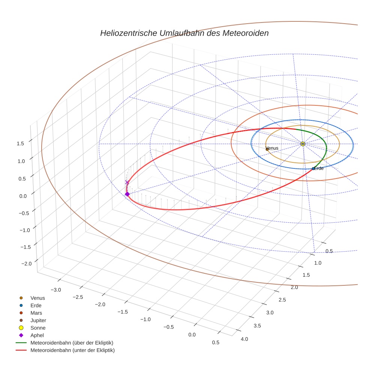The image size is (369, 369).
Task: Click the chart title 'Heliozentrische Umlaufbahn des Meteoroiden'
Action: [184, 33]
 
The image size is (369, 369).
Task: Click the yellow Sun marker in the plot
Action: [303, 144]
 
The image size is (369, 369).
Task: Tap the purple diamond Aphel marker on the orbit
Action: [127, 194]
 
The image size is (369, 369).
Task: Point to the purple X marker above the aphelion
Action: [127, 182]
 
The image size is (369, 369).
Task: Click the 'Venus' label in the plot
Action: [272, 148]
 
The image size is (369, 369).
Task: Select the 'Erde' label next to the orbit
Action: [318, 168]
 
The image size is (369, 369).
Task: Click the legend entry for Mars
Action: [36, 313]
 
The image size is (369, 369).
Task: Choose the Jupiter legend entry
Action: [38, 320]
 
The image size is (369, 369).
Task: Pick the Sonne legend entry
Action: [38, 328]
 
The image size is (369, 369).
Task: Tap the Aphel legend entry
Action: [37, 335]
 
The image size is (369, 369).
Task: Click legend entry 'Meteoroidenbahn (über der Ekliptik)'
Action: [72, 343]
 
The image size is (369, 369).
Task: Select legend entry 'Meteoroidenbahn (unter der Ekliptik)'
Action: [72, 350]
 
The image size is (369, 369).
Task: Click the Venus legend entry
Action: [37, 298]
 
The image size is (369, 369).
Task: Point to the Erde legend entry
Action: [36, 305]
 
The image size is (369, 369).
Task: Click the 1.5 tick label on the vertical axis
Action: [20, 143]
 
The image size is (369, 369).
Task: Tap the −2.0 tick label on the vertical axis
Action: [26, 264]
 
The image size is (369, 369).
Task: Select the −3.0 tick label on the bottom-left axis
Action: [56, 289]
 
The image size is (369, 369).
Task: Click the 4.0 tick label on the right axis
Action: [244, 339]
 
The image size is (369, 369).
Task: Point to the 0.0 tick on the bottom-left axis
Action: [192, 334]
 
